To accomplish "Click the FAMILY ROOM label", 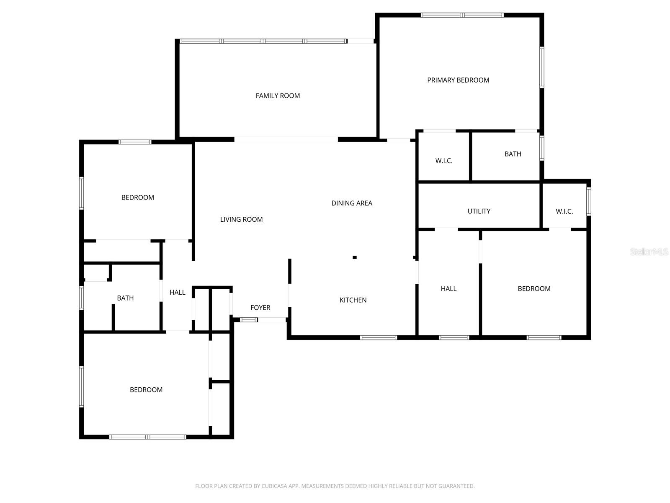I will [x=278, y=96].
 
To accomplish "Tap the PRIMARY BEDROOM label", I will [x=458, y=80].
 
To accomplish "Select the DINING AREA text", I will [x=352, y=203].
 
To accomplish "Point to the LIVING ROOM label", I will [x=241, y=219].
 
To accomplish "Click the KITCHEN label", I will [x=353, y=300].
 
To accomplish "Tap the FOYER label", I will [x=260, y=308].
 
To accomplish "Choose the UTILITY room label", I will [x=479, y=211].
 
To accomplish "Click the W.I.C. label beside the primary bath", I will [x=444, y=161].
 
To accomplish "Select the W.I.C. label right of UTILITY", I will [x=564, y=211].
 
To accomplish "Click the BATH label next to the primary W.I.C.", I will [x=513, y=154].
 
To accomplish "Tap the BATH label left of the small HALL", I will [x=125, y=298].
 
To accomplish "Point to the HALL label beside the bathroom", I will [x=177, y=293].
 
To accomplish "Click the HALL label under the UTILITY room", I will [x=448, y=289].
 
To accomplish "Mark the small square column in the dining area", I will [x=355, y=257].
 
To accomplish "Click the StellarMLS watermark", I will [x=649, y=252].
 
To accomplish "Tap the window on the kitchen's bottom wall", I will [x=379, y=337].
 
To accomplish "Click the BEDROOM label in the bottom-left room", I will [x=146, y=390].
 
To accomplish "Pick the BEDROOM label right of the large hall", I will [x=534, y=289].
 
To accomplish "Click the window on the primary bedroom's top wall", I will [x=462, y=15].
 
